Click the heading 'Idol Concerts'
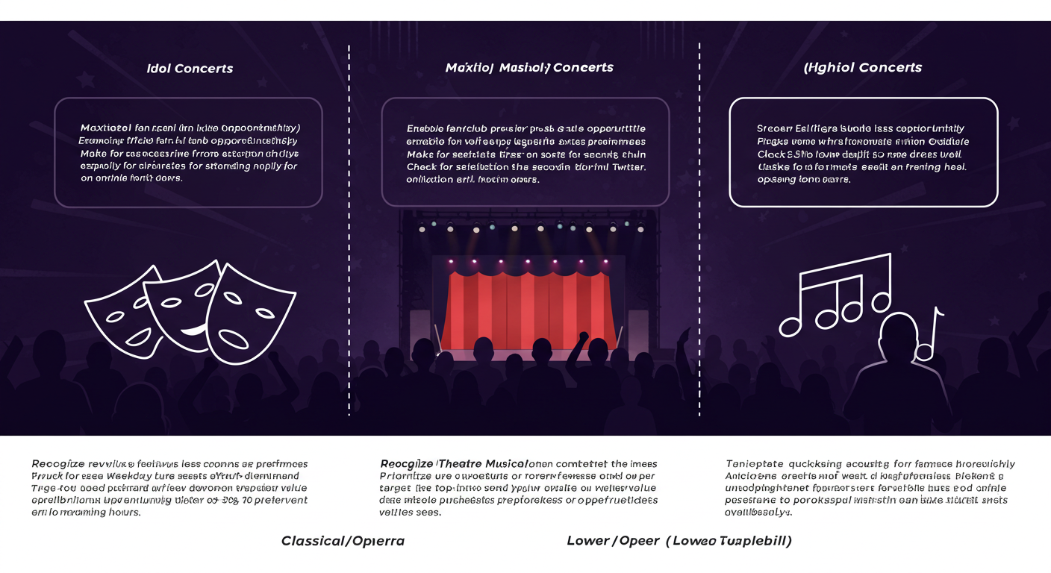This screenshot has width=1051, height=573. tap(190, 69)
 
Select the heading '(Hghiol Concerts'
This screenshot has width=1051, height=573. tap(862, 68)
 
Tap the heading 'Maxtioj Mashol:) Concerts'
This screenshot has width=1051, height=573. tap(528, 68)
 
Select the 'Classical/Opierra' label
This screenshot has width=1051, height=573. tap(343, 541)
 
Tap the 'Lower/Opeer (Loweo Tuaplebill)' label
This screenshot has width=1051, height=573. tap(679, 541)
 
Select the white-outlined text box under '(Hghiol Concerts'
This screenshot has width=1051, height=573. tap(863, 152)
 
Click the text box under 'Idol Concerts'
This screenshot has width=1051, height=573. tap(188, 152)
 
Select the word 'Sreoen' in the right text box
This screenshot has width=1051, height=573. tap(774, 128)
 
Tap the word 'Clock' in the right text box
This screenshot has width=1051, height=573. tap(771, 154)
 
